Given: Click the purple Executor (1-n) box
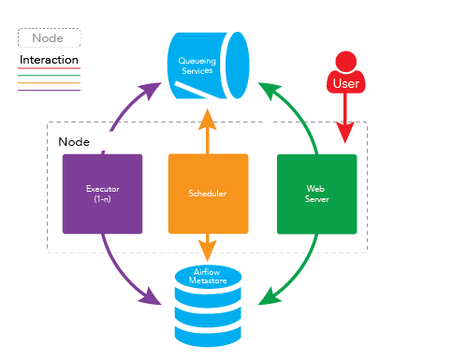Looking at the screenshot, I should (102, 194).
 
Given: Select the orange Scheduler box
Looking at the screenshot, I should (208, 194).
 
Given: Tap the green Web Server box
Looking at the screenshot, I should (316, 194).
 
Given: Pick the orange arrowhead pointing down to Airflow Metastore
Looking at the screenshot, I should (208, 250).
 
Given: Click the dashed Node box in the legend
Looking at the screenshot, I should (49, 38).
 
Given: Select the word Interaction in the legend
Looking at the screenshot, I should (49, 60).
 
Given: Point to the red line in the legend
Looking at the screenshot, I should (49, 68).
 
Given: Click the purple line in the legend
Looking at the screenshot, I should (49, 90).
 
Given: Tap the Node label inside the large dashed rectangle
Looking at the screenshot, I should (74, 141).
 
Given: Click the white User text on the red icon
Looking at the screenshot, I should (346, 84).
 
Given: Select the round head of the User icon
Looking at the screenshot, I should (346, 60).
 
